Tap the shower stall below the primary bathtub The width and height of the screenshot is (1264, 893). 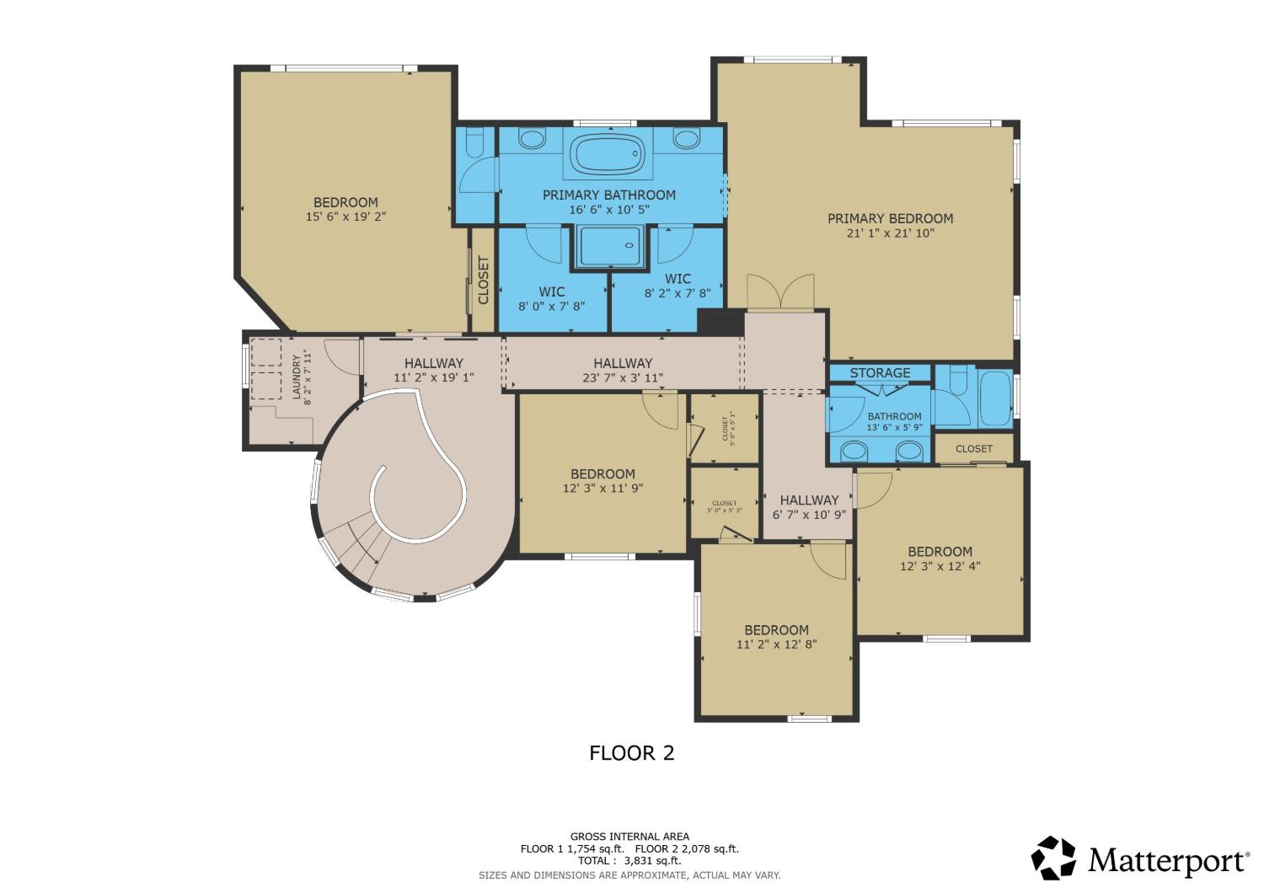click(x=612, y=246)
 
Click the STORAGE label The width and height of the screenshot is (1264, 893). click(x=880, y=373)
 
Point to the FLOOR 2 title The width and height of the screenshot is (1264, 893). click(x=631, y=752)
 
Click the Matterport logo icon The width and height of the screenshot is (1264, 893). click(x=1053, y=858)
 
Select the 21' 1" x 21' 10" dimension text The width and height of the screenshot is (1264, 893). click(x=891, y=233)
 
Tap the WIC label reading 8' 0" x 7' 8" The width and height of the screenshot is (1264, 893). click(x=551, y=299)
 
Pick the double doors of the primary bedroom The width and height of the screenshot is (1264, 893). click(x=780, y=292)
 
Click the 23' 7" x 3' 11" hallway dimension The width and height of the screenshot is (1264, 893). click(x=623, y=377)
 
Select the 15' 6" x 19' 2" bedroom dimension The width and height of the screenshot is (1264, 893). click(x=345, y=216)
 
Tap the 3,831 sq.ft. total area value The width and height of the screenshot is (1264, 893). click(x=652, y=861)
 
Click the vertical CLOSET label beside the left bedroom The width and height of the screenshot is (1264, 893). click(x=484, y=280)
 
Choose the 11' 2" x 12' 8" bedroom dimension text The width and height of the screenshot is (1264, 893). click(x=776, y=644)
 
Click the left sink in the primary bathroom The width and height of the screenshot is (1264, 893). click(x=532, y=139)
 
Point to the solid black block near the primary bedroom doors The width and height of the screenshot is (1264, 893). click(x=720, y=322)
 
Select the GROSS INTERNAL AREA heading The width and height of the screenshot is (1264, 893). click(x=629, y=837)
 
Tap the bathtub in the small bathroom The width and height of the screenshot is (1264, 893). click(x=995, y=398)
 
